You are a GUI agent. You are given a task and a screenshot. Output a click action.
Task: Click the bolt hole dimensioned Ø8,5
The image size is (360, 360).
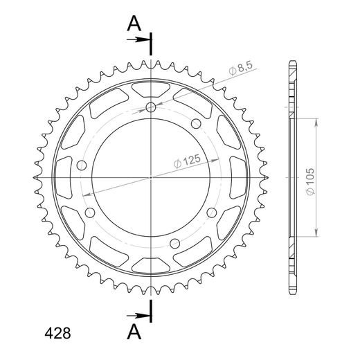click(151, 107)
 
